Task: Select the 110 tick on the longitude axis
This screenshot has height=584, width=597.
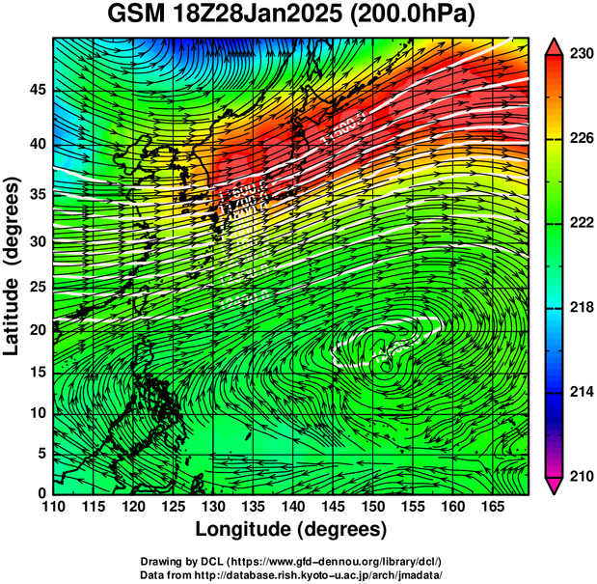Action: point(53,507)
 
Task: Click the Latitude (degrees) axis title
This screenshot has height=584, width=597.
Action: point(14,266)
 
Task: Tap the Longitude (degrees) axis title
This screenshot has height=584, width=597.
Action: point(291,530)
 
